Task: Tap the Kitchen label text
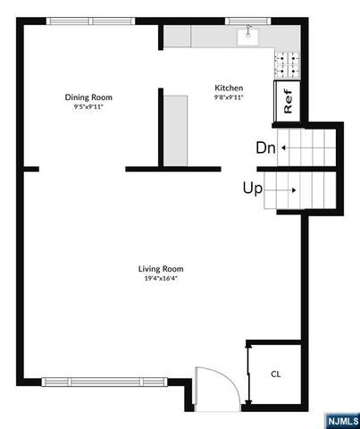click(x=229, y=88)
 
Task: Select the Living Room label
click(x=160, y=268)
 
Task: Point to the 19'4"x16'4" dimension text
click(x=160, y=278)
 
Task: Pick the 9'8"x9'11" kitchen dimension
click(x=229, y=97)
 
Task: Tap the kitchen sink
click(x=247, y=38)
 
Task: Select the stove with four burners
click(x=287, y=62)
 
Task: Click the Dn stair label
click(x=265, y=148)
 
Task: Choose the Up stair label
click(x=252, y=189)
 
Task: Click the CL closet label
click(x=275, y=374)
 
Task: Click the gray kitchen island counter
click(x=175, y=130)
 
